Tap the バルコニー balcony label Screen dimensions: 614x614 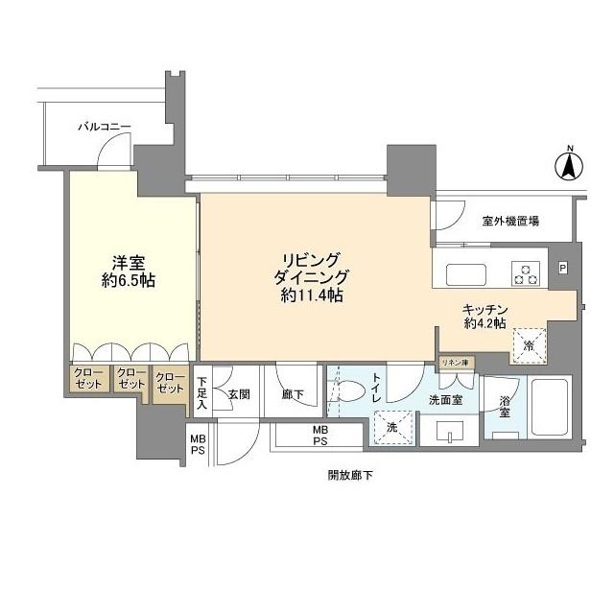pyautogui.click(x=105, y=127)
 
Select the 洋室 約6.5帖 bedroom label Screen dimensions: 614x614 pyautogui.click(x=128, y=272)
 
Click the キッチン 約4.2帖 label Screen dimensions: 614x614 pyautogui.click(x=485, y=317)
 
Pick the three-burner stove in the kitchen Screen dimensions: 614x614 pyautogui.click(x=526, y=273)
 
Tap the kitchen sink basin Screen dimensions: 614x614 pyautogui.click(x=466, y=274)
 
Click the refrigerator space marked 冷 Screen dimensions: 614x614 pyautogui.click(x=528, y=345)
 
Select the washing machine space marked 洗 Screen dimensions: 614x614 pyautogui.click(x=393, y=427)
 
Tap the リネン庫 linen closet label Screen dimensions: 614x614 pyautogui.click(x=456, y=363)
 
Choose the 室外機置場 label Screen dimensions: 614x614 pyautogui.click(x=510, y=222)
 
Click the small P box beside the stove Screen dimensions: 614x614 pyautogui.click(x=563, y=269)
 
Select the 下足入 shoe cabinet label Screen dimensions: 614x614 pyautogui.click(x=202, y=392)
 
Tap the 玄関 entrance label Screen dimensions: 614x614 pyautogui.click(x=239, y=394)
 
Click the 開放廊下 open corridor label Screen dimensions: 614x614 pyautogui.click(x=350, y=476)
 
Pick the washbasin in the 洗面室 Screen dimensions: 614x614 pyautogui.click(x=450, y=432)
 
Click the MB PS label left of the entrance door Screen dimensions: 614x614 pyautogui.click(x=198, y=444)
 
